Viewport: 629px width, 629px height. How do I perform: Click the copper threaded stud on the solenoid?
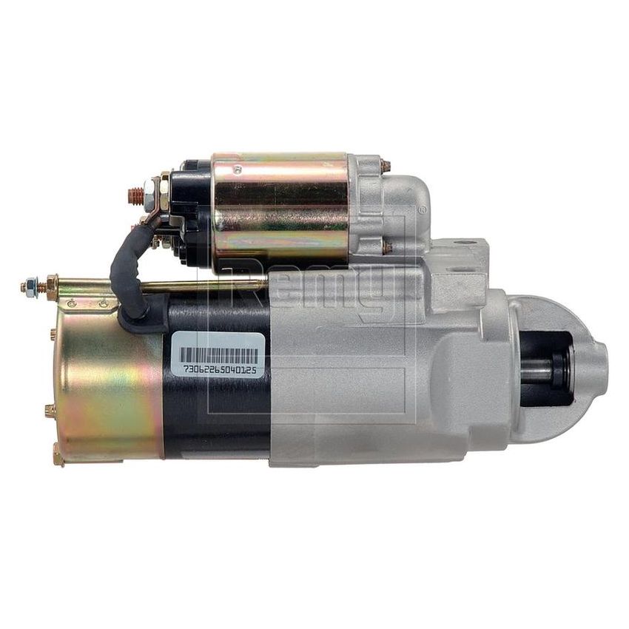pos(135,196)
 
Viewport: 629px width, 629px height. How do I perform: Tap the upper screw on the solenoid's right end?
pos(385,166)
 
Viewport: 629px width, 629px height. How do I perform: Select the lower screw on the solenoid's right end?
pos(386,248)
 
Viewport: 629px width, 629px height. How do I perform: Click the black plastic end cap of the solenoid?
pos(189,211)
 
